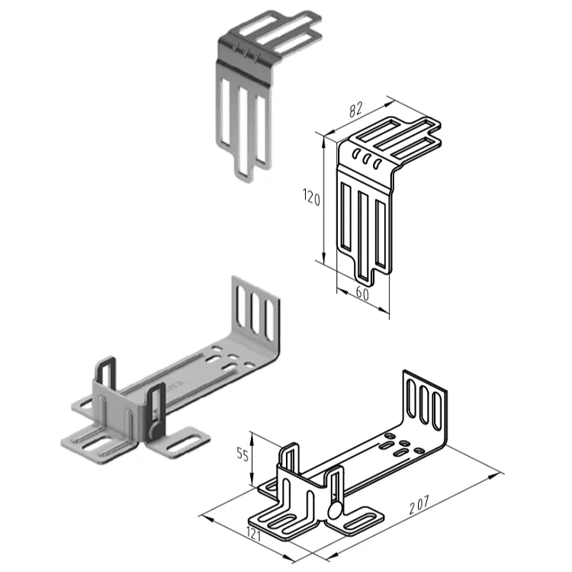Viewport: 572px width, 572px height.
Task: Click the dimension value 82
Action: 355,109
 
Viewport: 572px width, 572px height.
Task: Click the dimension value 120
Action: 311,198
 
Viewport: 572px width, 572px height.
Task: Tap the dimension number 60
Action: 362,294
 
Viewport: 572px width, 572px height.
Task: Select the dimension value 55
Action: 243,455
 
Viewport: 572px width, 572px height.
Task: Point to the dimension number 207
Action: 419,505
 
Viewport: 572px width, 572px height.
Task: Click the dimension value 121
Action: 254,535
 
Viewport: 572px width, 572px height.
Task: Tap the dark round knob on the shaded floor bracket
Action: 156,430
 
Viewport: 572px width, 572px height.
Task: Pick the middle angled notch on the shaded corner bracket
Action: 246,54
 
